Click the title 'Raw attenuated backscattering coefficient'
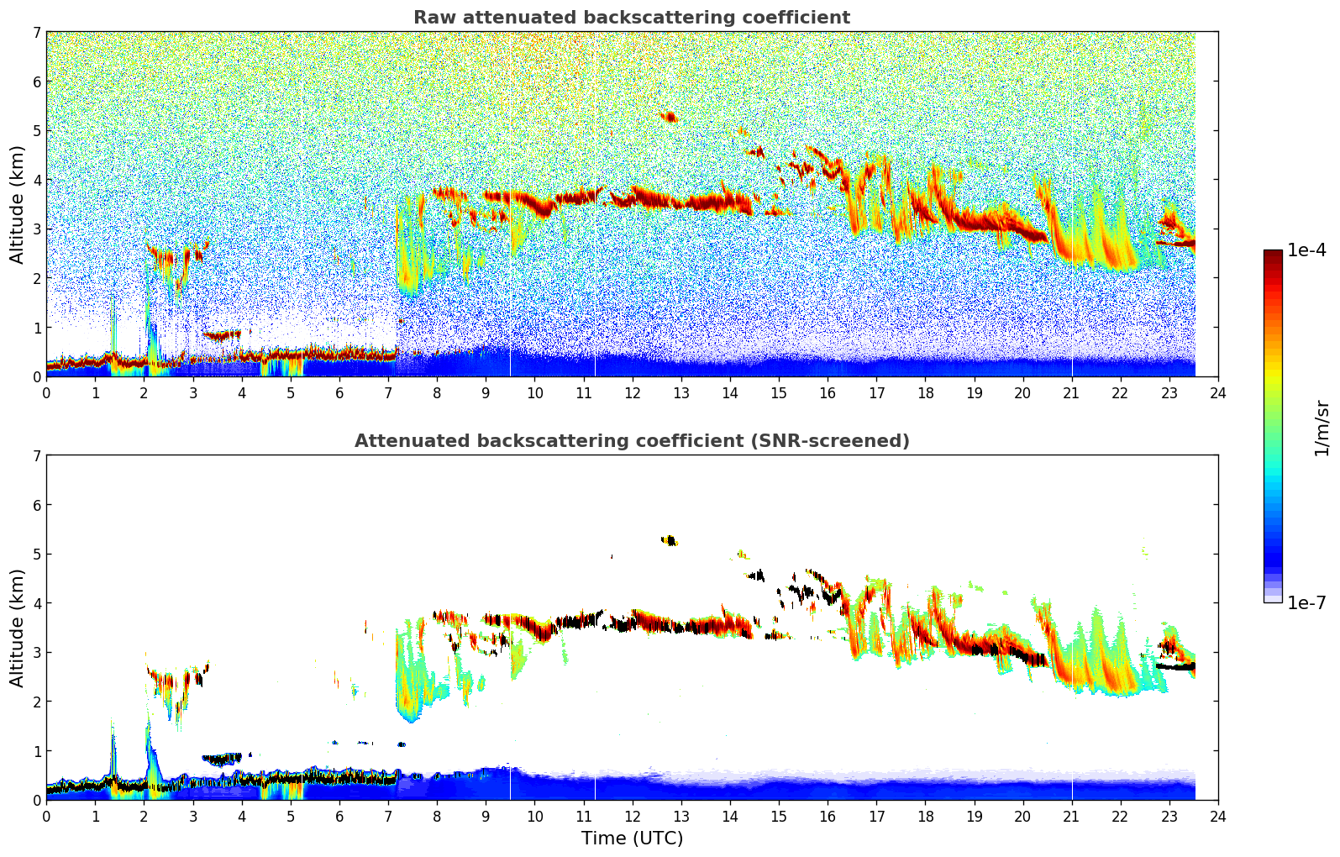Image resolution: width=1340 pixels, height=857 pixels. [631, 18]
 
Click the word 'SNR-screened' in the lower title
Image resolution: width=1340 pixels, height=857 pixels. [843, 441]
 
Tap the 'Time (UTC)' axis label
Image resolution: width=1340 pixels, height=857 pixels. [632, 838]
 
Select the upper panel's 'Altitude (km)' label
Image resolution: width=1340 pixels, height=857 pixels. [17, 204]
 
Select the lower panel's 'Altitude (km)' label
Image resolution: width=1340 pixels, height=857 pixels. [17, 628]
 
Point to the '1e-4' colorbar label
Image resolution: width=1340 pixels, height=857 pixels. [1306, 250]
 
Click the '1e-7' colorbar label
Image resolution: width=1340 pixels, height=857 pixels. [1306, 602]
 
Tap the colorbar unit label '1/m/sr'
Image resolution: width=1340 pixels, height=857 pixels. [1322, 428]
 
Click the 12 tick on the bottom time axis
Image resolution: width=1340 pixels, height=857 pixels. [632, 816]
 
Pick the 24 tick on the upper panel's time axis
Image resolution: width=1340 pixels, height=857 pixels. [1217, 392]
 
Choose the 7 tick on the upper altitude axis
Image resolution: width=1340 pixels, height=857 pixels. [37, 33]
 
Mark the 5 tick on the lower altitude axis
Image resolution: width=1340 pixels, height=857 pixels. [37, 555]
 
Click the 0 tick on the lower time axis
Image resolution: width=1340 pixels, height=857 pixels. [46, 816]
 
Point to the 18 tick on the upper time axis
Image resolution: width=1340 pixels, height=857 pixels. [925, 392]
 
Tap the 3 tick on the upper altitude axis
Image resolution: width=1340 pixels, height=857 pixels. [37, 229]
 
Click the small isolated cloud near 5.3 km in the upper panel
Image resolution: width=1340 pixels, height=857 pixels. [669, 117]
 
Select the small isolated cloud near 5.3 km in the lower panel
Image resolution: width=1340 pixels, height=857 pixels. [669, 540]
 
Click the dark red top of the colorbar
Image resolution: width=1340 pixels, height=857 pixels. [1272, 254]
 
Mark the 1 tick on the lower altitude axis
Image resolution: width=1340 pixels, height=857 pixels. [37, 751]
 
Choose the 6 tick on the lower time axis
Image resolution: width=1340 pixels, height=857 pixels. [339, 816]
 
